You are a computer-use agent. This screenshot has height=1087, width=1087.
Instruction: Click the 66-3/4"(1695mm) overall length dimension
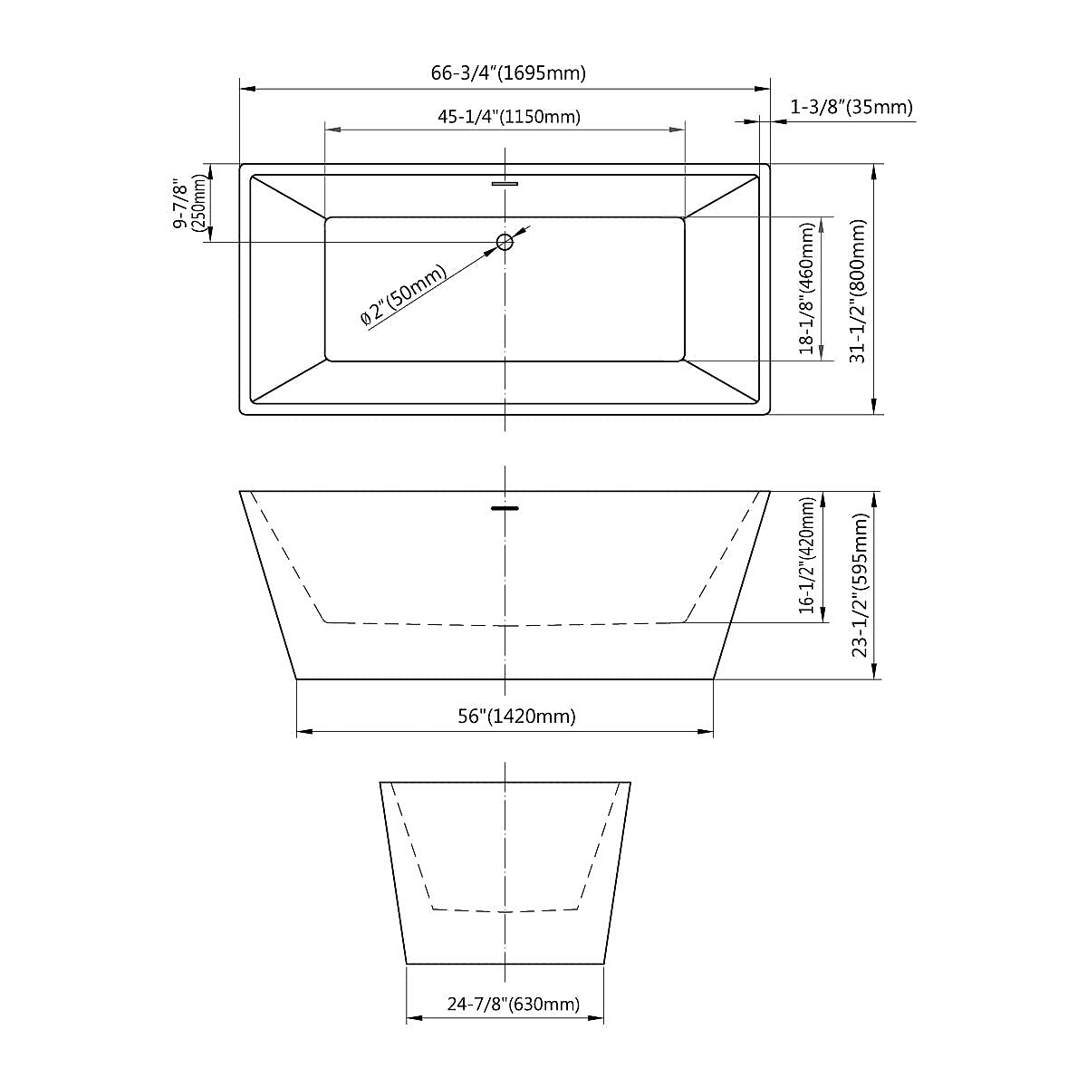tap(508, 73)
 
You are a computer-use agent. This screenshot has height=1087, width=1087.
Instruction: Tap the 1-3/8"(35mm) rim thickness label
tap(851, 107)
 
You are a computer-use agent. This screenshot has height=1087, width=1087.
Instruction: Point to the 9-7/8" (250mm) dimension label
tap(191, 203)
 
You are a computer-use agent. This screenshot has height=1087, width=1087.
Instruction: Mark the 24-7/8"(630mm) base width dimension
tap(513, 1004)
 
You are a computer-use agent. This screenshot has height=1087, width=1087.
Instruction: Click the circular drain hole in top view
tap(505, 242)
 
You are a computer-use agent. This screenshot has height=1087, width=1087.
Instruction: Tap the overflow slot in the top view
tap(505, 184)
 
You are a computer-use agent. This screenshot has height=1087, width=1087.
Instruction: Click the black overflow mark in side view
tap(505, 509)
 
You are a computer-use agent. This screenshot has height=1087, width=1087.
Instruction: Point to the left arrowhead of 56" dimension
tap(303, 732)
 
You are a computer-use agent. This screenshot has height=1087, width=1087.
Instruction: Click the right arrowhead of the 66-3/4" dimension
tap(763, 89)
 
